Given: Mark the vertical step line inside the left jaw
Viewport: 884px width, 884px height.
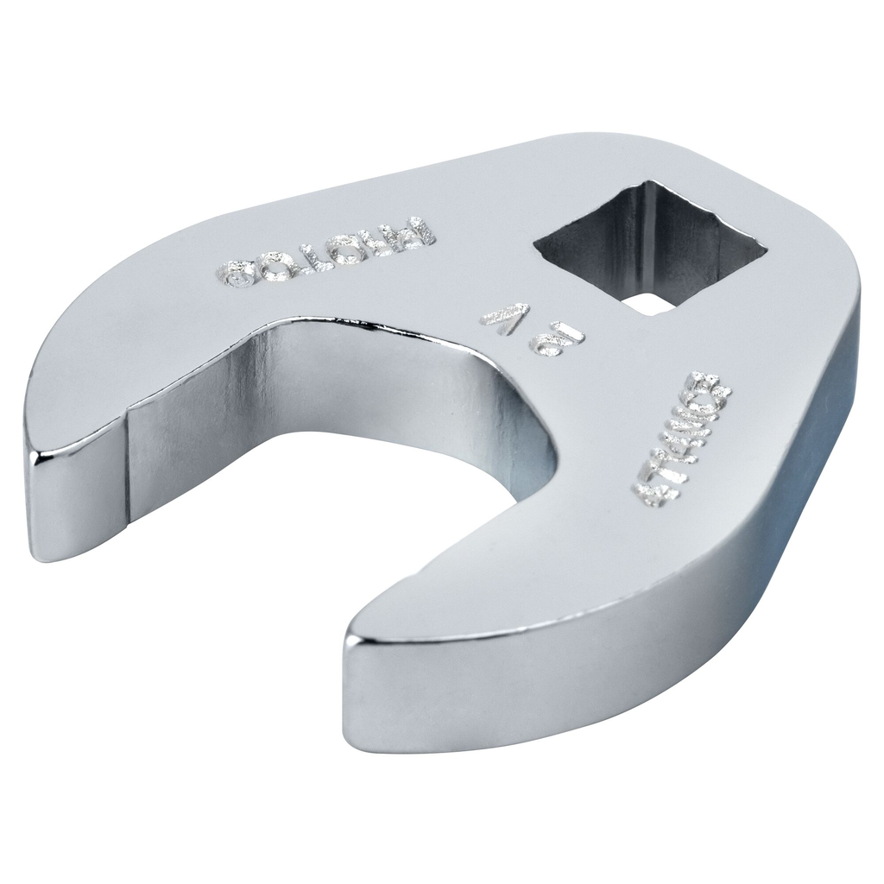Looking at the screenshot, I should (127, 475).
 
